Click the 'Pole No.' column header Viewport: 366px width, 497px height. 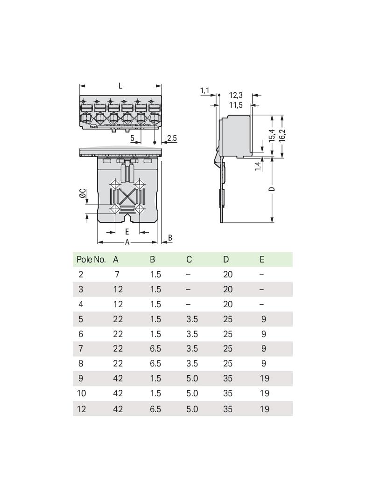coord(91,260)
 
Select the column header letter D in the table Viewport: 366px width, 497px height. coord(225,260)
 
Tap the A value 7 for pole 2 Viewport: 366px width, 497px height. coord(117,274)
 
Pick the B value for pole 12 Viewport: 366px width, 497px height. coord(155,409)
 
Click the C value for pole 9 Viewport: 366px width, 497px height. coord(192,378)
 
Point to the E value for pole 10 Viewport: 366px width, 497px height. coord(264,393)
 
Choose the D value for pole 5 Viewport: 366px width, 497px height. coord(228,319)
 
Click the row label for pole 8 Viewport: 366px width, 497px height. coord(81,363)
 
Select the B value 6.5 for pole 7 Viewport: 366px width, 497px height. coord(155,348)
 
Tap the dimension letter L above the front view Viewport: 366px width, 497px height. coord(120,86)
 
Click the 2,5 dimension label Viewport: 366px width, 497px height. coord(172,138)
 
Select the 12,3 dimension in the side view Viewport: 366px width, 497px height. coord(236,95)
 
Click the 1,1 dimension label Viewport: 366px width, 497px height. coord(205,91)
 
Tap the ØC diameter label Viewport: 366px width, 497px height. coord(82,193)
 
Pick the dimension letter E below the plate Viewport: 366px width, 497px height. coord(127,232)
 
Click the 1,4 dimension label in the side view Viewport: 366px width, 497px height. coord(258,166)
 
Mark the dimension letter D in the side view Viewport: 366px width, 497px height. coord(271,189)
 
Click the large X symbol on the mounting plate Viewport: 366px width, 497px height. coord(127,197)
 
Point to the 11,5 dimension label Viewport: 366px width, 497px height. coord(236,105)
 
